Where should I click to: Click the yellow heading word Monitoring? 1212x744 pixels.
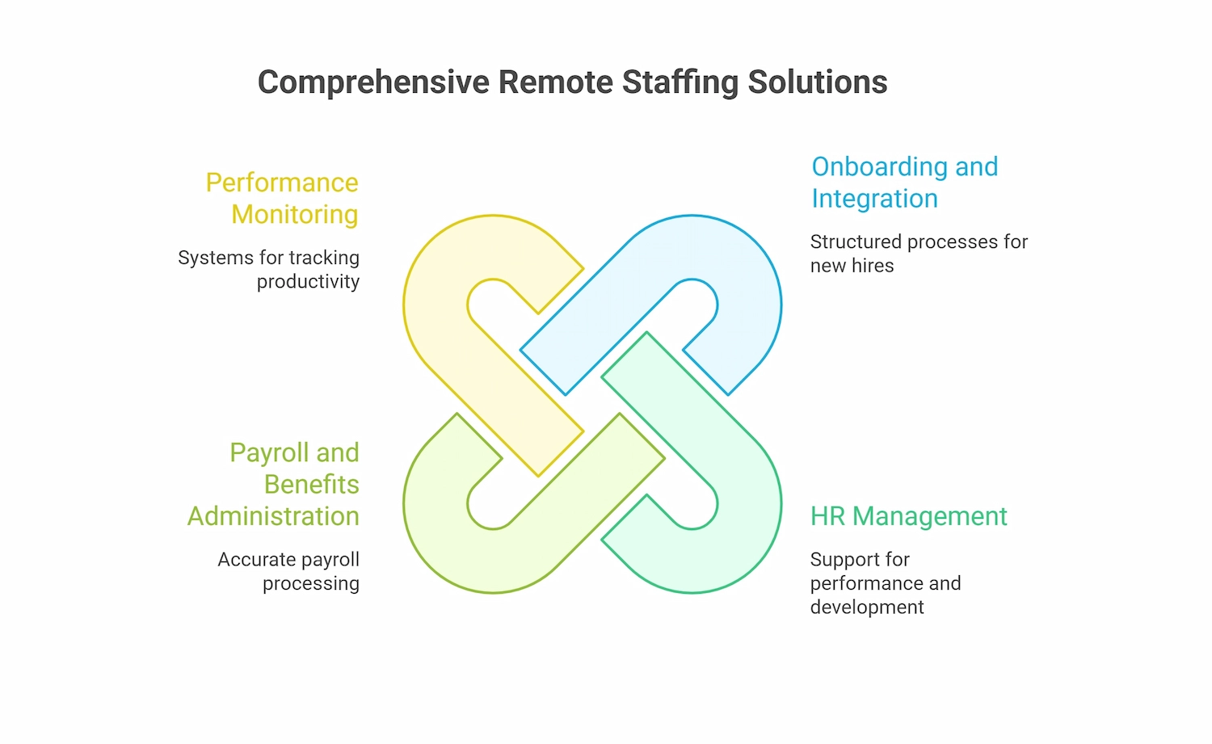[294, 215]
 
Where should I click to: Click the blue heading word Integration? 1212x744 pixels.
[874, 199]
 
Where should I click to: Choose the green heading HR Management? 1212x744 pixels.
[908, 516]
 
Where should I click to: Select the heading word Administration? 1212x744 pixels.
[273, 516]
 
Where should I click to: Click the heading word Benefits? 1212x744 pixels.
[311, 485]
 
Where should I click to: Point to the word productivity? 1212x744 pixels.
[308, 282]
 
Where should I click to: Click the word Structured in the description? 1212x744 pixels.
[856, 242]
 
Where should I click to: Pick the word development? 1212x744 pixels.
[866, 607]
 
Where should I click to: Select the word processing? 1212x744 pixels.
[310, 583]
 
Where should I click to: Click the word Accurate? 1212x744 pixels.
[255, 560]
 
